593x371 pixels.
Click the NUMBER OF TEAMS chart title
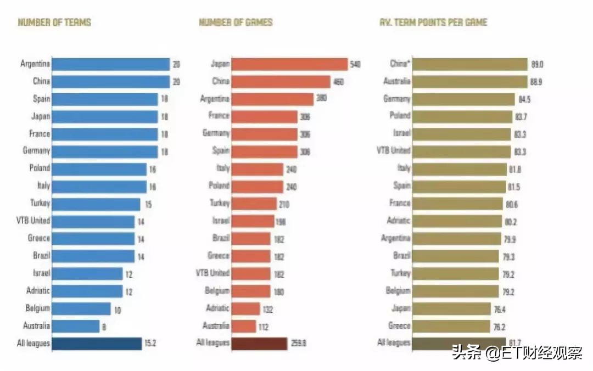[54, 23]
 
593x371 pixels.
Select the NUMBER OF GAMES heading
[236, 23]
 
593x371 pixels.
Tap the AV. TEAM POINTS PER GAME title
[433, 23]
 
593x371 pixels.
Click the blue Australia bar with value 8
[76, 326]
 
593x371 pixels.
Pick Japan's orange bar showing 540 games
[290, 64]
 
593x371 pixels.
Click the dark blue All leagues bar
[97, 344]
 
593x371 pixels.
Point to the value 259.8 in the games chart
[299, 344]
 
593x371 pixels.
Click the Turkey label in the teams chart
[39, 203]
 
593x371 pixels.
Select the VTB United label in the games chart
[212, 273]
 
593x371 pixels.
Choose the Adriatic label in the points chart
[399, 221]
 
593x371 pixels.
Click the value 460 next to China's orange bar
[339, 82]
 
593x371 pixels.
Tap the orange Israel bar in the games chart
[253, 221]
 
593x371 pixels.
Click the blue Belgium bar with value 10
[81, 308]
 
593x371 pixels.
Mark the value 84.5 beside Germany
[525, 99]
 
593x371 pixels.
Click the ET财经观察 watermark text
[516, 352]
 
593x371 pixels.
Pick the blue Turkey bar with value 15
[96, 203]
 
